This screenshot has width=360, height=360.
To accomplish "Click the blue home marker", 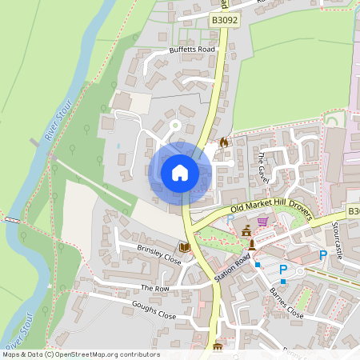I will click(x=180, y=173).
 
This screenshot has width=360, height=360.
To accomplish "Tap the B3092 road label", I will click(x=226, y=19).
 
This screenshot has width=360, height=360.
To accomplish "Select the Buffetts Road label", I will click(x=193, y=50).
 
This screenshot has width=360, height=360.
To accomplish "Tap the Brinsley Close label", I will click(x=159, y=253).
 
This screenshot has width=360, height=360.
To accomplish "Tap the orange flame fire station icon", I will click(x=223, y=142).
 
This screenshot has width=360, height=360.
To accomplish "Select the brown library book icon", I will click(x=184, y=248).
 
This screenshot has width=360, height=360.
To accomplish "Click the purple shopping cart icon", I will click(x=262, y=221).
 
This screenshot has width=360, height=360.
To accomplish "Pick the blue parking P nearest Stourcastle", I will click(x=323, y=255).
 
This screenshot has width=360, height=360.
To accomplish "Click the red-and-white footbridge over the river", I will click(x=12, y=218).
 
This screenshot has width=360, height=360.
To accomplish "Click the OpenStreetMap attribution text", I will click(x=80, y=354).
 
